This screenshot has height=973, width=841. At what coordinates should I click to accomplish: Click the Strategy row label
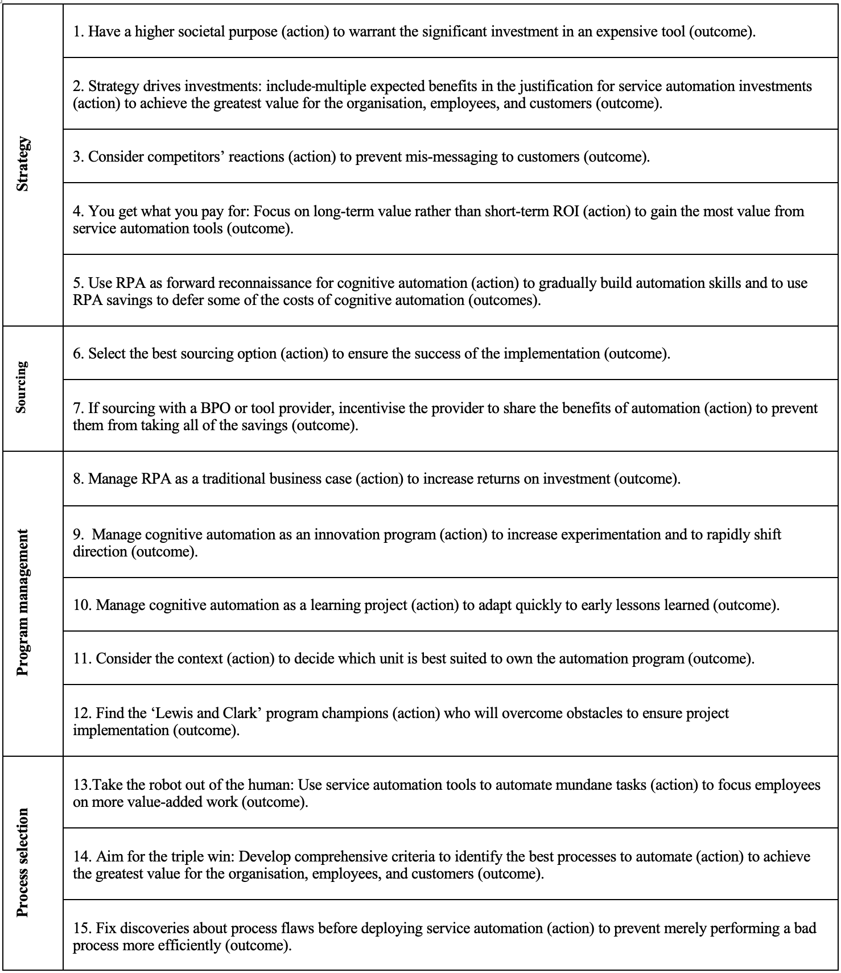pos(23,164)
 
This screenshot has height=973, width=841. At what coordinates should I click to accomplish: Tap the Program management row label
pos(23,603)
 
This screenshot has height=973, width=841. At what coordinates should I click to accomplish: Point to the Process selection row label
pos(23,863)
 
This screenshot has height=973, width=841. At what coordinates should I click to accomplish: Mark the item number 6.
pos(79,354)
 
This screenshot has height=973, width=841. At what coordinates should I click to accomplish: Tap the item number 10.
pos(82,605)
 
